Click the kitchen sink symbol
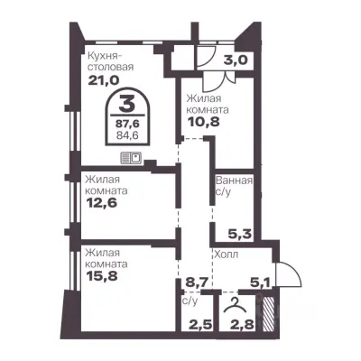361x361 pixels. click(132, 158)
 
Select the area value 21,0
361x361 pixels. click(104, 80)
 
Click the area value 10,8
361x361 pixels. click(204, 122)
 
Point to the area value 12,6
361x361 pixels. click(101, 202)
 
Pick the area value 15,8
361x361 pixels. click(101, 275)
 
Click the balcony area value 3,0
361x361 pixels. click(236, 60)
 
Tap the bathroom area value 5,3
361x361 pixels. click(240, 234)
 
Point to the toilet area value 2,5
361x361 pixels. click(200, 325)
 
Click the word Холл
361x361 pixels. click(226, 255)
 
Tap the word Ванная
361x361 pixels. click(234, 180)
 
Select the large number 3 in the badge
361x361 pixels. click(127, 103)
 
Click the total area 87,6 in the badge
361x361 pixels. click(127, 124)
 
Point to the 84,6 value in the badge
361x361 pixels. click(127, 135)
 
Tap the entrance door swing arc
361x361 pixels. click(294, 271)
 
